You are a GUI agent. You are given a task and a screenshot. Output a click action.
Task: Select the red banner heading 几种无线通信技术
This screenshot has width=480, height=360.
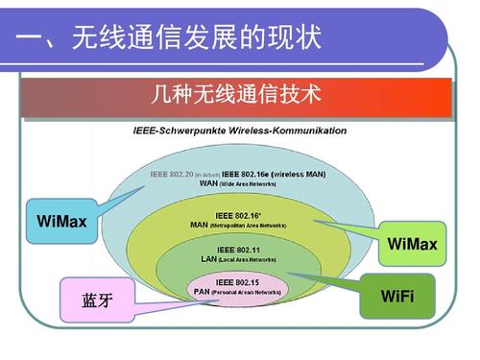pos(236,96)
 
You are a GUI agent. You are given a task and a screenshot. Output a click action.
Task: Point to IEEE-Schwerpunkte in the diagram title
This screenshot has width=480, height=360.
pos(174,131)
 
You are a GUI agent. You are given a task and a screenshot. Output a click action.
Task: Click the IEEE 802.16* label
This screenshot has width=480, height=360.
pos(237,216)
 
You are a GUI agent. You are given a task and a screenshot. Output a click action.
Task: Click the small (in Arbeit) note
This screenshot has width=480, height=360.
pos(206,175)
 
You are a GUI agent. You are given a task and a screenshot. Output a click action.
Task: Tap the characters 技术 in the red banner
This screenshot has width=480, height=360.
pos(302,96)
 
